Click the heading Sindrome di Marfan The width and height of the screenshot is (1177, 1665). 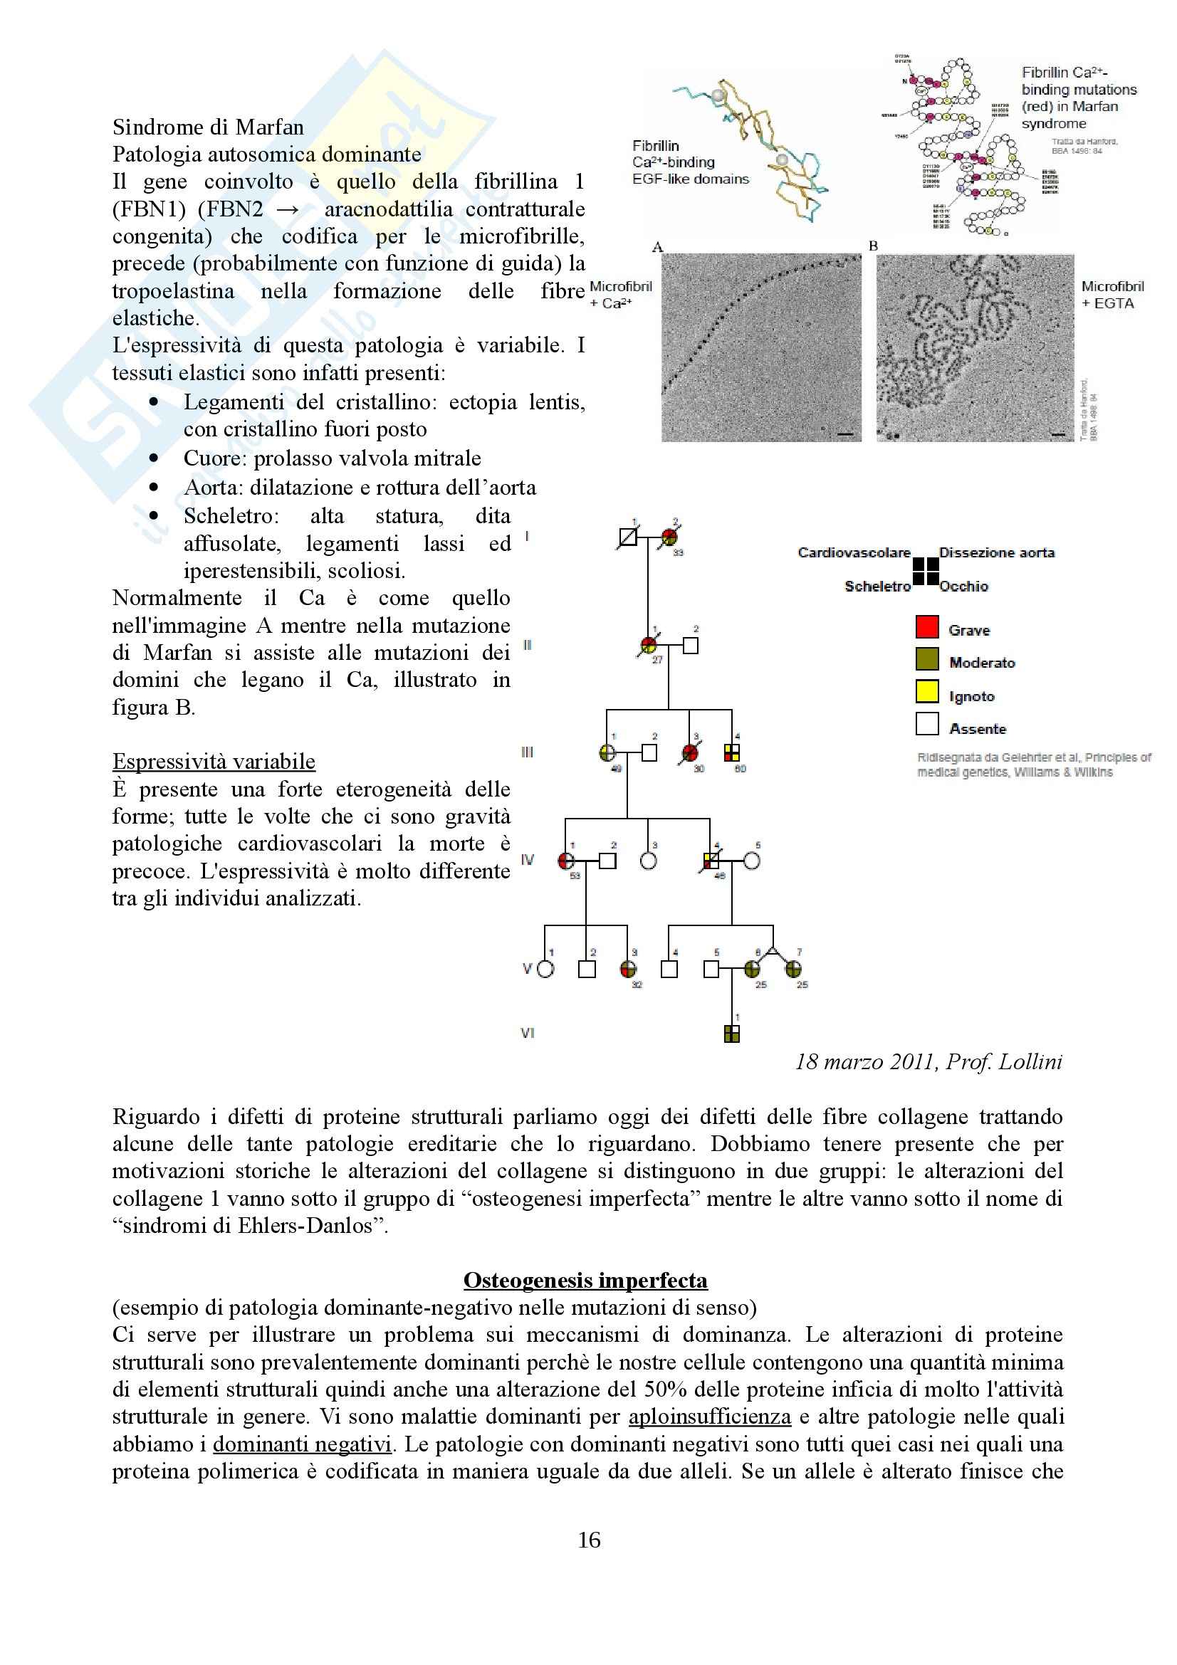(208, 127)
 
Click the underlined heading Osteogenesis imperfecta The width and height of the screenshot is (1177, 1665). (585, 1280)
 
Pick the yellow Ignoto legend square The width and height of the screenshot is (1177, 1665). (927, 691)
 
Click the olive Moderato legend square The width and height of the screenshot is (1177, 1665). (927, 659)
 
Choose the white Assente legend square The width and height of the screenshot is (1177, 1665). (927, 724)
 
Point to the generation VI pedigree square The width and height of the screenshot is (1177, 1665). (732, 1034)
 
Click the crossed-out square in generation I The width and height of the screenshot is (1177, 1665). (628, 537)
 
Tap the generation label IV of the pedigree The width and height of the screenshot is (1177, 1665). (527, 860)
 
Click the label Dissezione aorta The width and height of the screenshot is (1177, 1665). (996, 552)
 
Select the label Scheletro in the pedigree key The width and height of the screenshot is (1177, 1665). (877, 586)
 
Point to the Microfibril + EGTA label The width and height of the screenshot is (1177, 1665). (1111, 295)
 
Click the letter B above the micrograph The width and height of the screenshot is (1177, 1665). (873, 246)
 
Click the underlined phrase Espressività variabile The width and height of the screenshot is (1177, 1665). (214, 762)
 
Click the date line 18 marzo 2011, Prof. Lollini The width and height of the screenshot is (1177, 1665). (928, 1062)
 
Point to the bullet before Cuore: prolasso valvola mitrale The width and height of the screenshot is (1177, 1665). (154, 458)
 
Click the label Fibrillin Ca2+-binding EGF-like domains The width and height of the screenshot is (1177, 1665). (690, 162)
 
